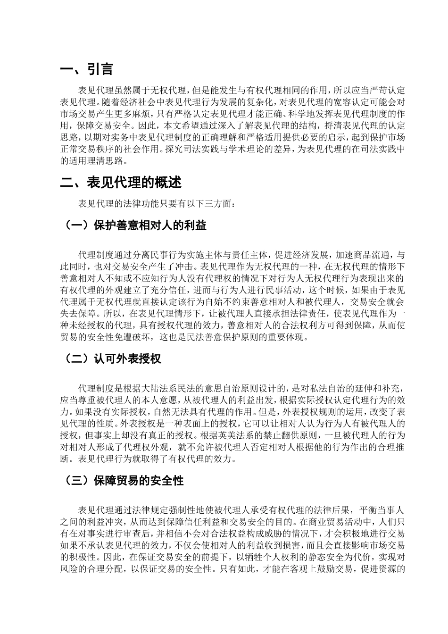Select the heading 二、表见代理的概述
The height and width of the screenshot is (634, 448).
coord(121,183)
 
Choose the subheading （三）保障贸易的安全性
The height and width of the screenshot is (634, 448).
coord(124,481)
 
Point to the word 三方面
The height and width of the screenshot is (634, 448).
coord(215,203)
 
